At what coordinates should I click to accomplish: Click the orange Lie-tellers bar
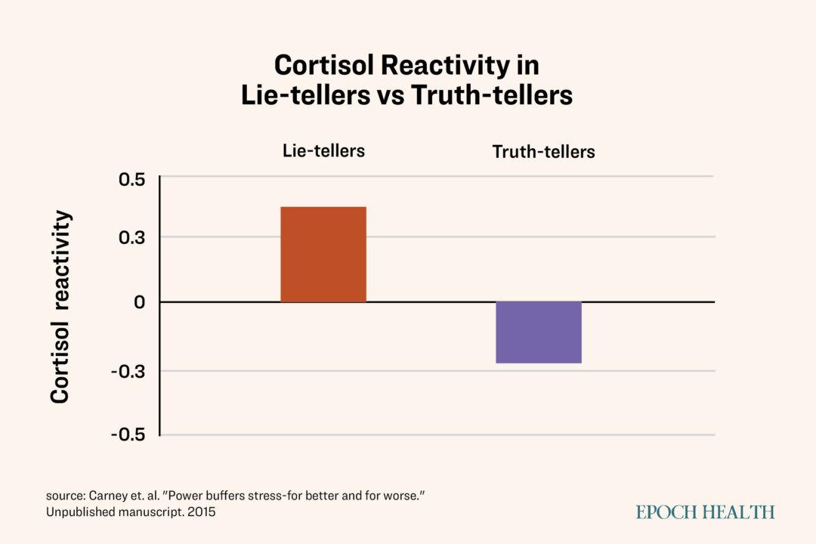pos(323,255)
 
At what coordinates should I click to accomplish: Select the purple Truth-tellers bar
pos(539,332)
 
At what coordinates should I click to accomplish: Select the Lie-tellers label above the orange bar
pos(323,150)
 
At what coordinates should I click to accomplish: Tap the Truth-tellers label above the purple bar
pos(543,152)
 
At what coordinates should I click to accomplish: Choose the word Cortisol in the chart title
pos(324,66)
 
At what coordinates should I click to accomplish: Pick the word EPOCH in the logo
pos(668,512)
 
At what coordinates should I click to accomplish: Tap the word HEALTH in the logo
pos(740,512)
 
